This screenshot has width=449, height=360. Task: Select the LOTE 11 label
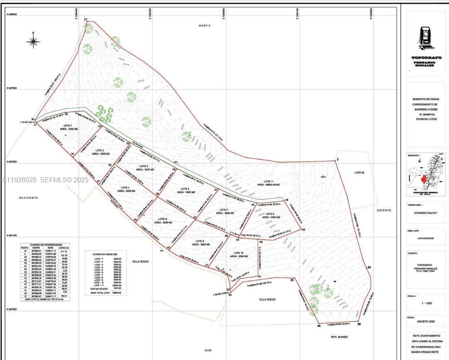[269, 181]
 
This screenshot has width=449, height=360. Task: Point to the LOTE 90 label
[359, 172]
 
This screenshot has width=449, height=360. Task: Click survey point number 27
[86, 20]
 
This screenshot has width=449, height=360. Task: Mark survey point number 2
[338, 160]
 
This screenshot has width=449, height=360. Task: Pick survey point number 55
[369, 267]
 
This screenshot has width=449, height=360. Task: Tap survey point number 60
[319, 326]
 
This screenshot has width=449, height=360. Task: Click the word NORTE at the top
[205, 26]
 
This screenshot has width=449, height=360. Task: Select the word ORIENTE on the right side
[384, 210]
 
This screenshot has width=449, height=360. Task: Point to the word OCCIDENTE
[28, 198]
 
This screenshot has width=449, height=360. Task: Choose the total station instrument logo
[425, 37]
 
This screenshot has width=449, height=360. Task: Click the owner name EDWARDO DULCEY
[427, 213]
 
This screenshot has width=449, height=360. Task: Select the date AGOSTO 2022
[427, 322]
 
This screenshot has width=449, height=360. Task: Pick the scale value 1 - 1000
[427, 303]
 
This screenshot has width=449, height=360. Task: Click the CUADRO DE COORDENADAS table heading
[40, 245]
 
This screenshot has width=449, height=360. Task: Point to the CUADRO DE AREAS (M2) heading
[104, 253]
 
